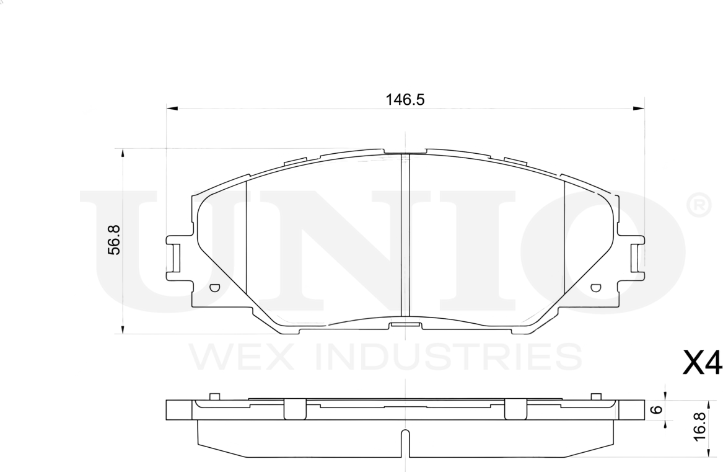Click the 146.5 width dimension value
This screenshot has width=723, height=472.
pos(406,99)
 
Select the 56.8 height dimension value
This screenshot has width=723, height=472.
pos(114,241)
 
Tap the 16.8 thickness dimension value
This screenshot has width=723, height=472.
pos(700,426)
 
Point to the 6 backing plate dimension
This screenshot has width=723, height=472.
pos(658,409)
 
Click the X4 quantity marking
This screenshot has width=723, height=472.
pos(702,364)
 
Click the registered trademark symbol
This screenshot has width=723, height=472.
pos(699,205)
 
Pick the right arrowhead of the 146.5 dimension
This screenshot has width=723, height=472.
pos(639,109)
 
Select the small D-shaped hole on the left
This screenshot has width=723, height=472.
pos(214,287)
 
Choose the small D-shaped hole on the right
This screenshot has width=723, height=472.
pos(595,287)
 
